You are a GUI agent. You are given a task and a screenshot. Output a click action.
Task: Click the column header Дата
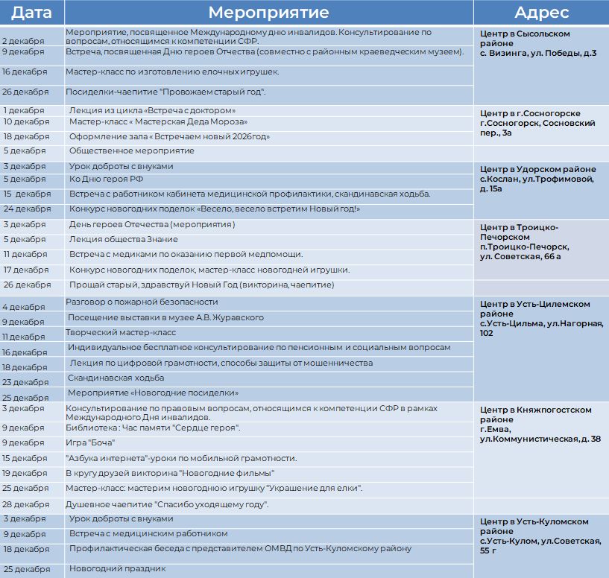(31, 12)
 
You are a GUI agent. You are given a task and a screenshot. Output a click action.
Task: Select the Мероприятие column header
(268, 12)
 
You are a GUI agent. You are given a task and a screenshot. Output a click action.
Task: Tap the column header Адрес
(541, 12)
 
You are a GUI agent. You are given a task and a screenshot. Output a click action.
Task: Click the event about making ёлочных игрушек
(172, 72)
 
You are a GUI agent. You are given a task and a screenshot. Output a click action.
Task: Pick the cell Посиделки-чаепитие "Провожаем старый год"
(165, 92)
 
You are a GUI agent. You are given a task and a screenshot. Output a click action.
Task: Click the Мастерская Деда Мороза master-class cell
(158, 121)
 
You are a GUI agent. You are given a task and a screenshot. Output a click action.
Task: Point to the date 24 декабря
(27, 209)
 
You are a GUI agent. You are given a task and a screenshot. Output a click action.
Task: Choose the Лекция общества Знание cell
(124, 239)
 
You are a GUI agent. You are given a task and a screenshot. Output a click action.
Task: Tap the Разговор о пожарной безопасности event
(142, 302)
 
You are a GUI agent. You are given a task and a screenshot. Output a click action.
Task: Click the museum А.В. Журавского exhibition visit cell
(165, 318)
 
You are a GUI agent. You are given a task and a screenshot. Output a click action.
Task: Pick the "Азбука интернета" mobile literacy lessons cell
(181, 458)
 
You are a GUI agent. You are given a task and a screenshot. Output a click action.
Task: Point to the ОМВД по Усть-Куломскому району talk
(240, 549)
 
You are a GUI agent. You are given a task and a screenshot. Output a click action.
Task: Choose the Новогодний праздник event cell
(117, 569)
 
